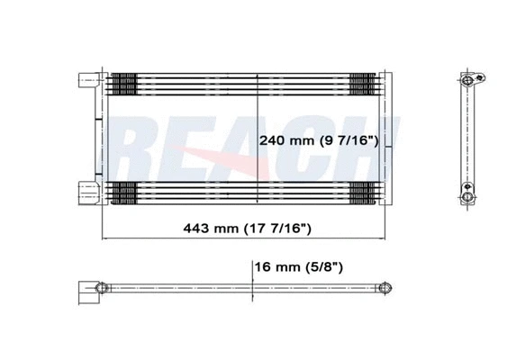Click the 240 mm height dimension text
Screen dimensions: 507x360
click(x=319, y=140)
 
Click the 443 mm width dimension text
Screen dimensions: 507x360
click(x=247, y=229)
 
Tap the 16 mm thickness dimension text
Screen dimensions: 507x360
click(x=298, y=267)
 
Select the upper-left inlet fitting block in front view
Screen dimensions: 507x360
click(x=89, y=80)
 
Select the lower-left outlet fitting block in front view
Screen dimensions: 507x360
click(x=89, y=193)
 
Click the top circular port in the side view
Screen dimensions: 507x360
click(x=466, y=80)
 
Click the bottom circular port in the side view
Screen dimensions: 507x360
click(x=466, y=197)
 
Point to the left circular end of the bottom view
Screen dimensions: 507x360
click(x=101, y=288)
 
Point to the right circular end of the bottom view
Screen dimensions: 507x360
click(x=385, y=288)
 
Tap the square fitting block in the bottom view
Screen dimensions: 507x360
click(x=88, y=292)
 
